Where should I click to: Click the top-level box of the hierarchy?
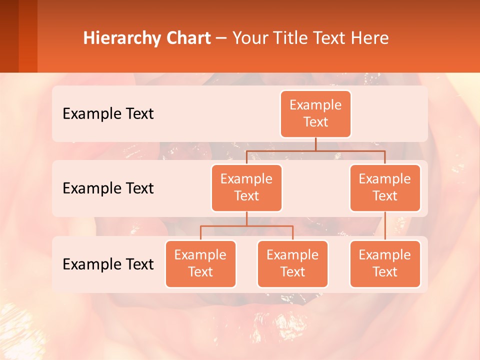pos(315,114)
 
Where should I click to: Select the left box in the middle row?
pos(246,188)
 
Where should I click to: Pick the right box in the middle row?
pos(385,188)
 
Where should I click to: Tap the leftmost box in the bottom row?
pos(200,264)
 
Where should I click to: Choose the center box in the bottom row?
pos(292,264)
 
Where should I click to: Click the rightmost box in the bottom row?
pos(385,264)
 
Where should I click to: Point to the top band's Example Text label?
pos(108,114)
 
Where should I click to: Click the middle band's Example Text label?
pos(108,188)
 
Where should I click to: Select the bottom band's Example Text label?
pos(108,264)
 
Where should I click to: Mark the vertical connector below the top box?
pos(315,144)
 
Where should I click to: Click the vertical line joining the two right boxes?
pos(385,226)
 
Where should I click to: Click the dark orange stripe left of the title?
pos(27,36)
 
